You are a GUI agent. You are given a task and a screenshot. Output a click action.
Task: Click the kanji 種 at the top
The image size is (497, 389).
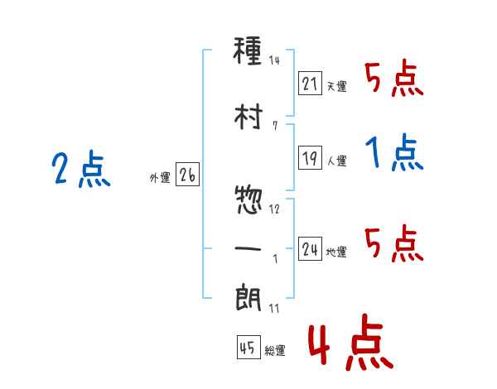pos(248,50)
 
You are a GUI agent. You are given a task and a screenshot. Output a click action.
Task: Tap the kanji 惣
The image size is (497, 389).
pos(248,200)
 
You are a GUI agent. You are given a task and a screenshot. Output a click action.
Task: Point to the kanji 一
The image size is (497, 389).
pos(248,248)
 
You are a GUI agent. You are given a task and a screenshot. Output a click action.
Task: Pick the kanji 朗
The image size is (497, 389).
pos(248,297)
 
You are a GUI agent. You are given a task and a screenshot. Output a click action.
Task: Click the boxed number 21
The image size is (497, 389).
pos(310,84)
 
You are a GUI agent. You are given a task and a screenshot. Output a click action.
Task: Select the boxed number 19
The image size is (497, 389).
pos(310,157)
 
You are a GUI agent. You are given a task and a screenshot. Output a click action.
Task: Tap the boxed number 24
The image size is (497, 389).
pos(310,248)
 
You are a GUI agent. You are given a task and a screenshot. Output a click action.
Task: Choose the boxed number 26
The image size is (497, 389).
pos(187,175)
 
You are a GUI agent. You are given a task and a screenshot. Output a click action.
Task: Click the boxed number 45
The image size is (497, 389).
pos(248,347)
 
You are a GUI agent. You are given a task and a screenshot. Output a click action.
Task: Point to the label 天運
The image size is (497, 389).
pos(337,86)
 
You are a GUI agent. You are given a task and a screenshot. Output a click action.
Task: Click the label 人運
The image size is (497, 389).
pos(337,161)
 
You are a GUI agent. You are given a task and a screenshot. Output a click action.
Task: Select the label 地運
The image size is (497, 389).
pos(336,252)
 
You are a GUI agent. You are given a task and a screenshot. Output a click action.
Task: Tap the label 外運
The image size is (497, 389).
pos(160,178)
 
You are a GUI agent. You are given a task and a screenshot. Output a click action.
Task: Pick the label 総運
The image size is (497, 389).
pos(275,351)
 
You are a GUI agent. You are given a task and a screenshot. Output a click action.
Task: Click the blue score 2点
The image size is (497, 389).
pos(81,169)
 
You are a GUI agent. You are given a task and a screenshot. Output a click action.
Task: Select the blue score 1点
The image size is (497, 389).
pos(394,152)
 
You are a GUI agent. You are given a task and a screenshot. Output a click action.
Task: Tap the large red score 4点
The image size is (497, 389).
pos(351,342)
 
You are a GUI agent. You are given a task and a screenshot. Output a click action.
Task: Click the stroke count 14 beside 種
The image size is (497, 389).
pos(274,60)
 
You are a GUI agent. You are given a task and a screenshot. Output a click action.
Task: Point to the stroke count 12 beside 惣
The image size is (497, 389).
pos(274,209)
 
